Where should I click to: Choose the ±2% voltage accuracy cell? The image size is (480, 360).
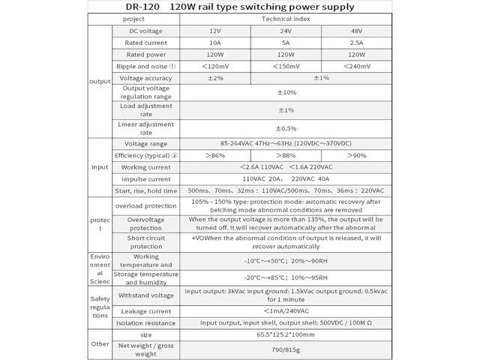tap(215, 78)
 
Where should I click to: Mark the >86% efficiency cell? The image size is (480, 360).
tap(215, 155)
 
